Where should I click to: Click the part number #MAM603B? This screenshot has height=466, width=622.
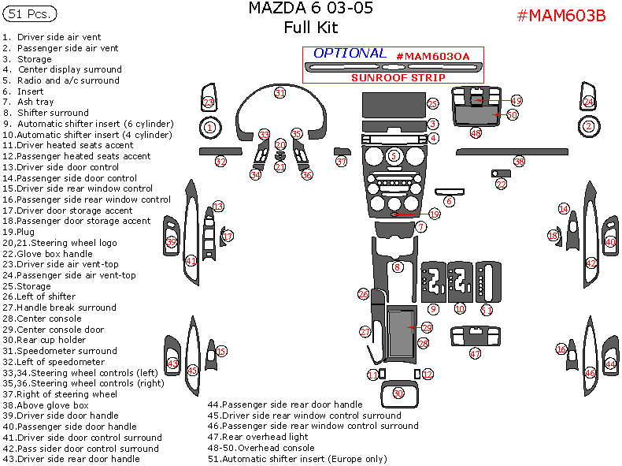[561, 16]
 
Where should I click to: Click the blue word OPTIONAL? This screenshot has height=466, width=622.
[350, 54]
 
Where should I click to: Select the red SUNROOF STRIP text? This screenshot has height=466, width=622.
[398, 77]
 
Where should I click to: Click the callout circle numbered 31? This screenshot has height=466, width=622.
[280, 93]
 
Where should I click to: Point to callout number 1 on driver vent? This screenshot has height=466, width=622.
[209, 126]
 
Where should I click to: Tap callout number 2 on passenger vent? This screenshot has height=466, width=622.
[588, 126]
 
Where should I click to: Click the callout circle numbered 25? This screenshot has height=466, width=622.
[432, 104]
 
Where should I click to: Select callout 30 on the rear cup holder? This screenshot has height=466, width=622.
[398, 393]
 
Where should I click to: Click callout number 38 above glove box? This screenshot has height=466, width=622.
[519, 162]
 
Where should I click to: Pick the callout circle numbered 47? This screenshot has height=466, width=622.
[475, 354]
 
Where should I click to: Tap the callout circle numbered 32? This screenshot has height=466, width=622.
[220, 162]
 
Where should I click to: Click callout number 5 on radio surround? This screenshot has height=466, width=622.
[394, 156]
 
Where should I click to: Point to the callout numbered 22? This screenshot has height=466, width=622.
[502, 184]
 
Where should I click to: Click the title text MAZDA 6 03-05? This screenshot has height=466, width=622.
[311, 9]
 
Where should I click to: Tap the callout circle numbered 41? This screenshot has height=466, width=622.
[191, 261]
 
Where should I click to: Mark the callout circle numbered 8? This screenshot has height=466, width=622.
[398, 267]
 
